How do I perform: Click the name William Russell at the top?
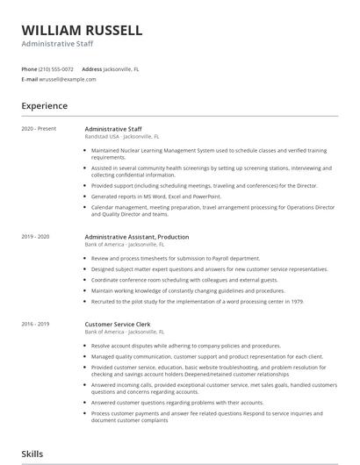point(82,30)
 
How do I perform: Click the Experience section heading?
point(44,106)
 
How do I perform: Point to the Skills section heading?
point(33,454)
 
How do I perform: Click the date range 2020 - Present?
point(38,128)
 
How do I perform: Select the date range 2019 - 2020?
point(35,237)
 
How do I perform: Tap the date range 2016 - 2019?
point(35,324)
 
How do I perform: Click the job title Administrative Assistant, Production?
point(136,237)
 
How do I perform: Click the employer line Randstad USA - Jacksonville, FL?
point(122,137)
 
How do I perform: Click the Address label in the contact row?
point(92,68)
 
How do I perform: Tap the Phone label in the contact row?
point(29,68)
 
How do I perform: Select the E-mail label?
point(29,79)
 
